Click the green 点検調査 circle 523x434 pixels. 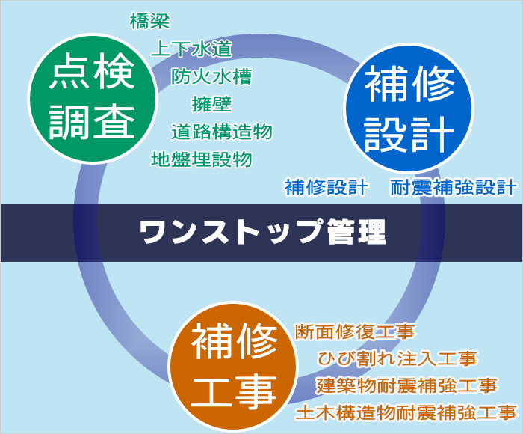[93, 99]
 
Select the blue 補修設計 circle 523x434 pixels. [409, 108]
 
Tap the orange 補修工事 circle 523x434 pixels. [233, 367]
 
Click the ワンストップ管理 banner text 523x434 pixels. [262, 232]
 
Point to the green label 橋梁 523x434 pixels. [149, 21]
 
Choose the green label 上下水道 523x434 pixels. [192, 49]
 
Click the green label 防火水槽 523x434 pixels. [211, 76]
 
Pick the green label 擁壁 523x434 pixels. [211, 104]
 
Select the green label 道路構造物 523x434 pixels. [222, 132]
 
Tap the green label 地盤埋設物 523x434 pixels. [202, 159]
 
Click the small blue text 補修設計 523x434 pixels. [327, 187]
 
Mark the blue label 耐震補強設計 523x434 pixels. [454, 187]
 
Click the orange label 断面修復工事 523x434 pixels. [355, 331]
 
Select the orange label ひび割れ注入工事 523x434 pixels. [397, 358]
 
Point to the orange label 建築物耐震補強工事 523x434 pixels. [407, 385]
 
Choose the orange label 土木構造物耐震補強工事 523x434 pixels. [406, 412]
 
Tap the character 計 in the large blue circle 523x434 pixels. [433, 134]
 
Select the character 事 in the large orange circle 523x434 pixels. [256, 391]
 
